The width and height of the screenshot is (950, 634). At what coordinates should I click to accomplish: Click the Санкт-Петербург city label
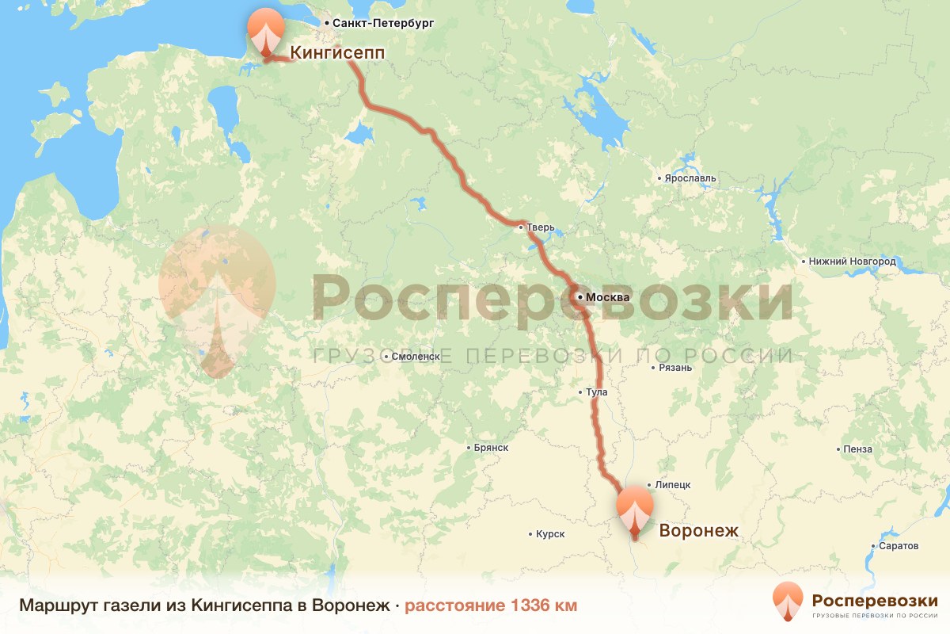(x=383, y=25)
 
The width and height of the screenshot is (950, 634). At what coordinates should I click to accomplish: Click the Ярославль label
(x=690, y=178)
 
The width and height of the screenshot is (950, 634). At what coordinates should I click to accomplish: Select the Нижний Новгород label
(x=852, y=262)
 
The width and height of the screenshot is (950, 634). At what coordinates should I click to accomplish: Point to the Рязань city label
(x=675, y=368)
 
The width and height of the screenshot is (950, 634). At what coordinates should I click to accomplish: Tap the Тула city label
(x=595, y=392)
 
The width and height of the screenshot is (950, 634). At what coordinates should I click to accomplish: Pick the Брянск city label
(x=490, y=448)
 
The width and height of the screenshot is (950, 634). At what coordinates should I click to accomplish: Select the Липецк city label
(x=673, y=484)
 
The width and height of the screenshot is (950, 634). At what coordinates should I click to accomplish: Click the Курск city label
(x=550, y=534)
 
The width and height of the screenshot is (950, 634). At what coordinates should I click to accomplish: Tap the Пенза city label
(x=858, y=449)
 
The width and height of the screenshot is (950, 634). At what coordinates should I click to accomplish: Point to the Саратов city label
(x=899, y=547)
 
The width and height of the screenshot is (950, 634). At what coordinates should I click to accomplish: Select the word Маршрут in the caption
(x=51, y=605)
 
